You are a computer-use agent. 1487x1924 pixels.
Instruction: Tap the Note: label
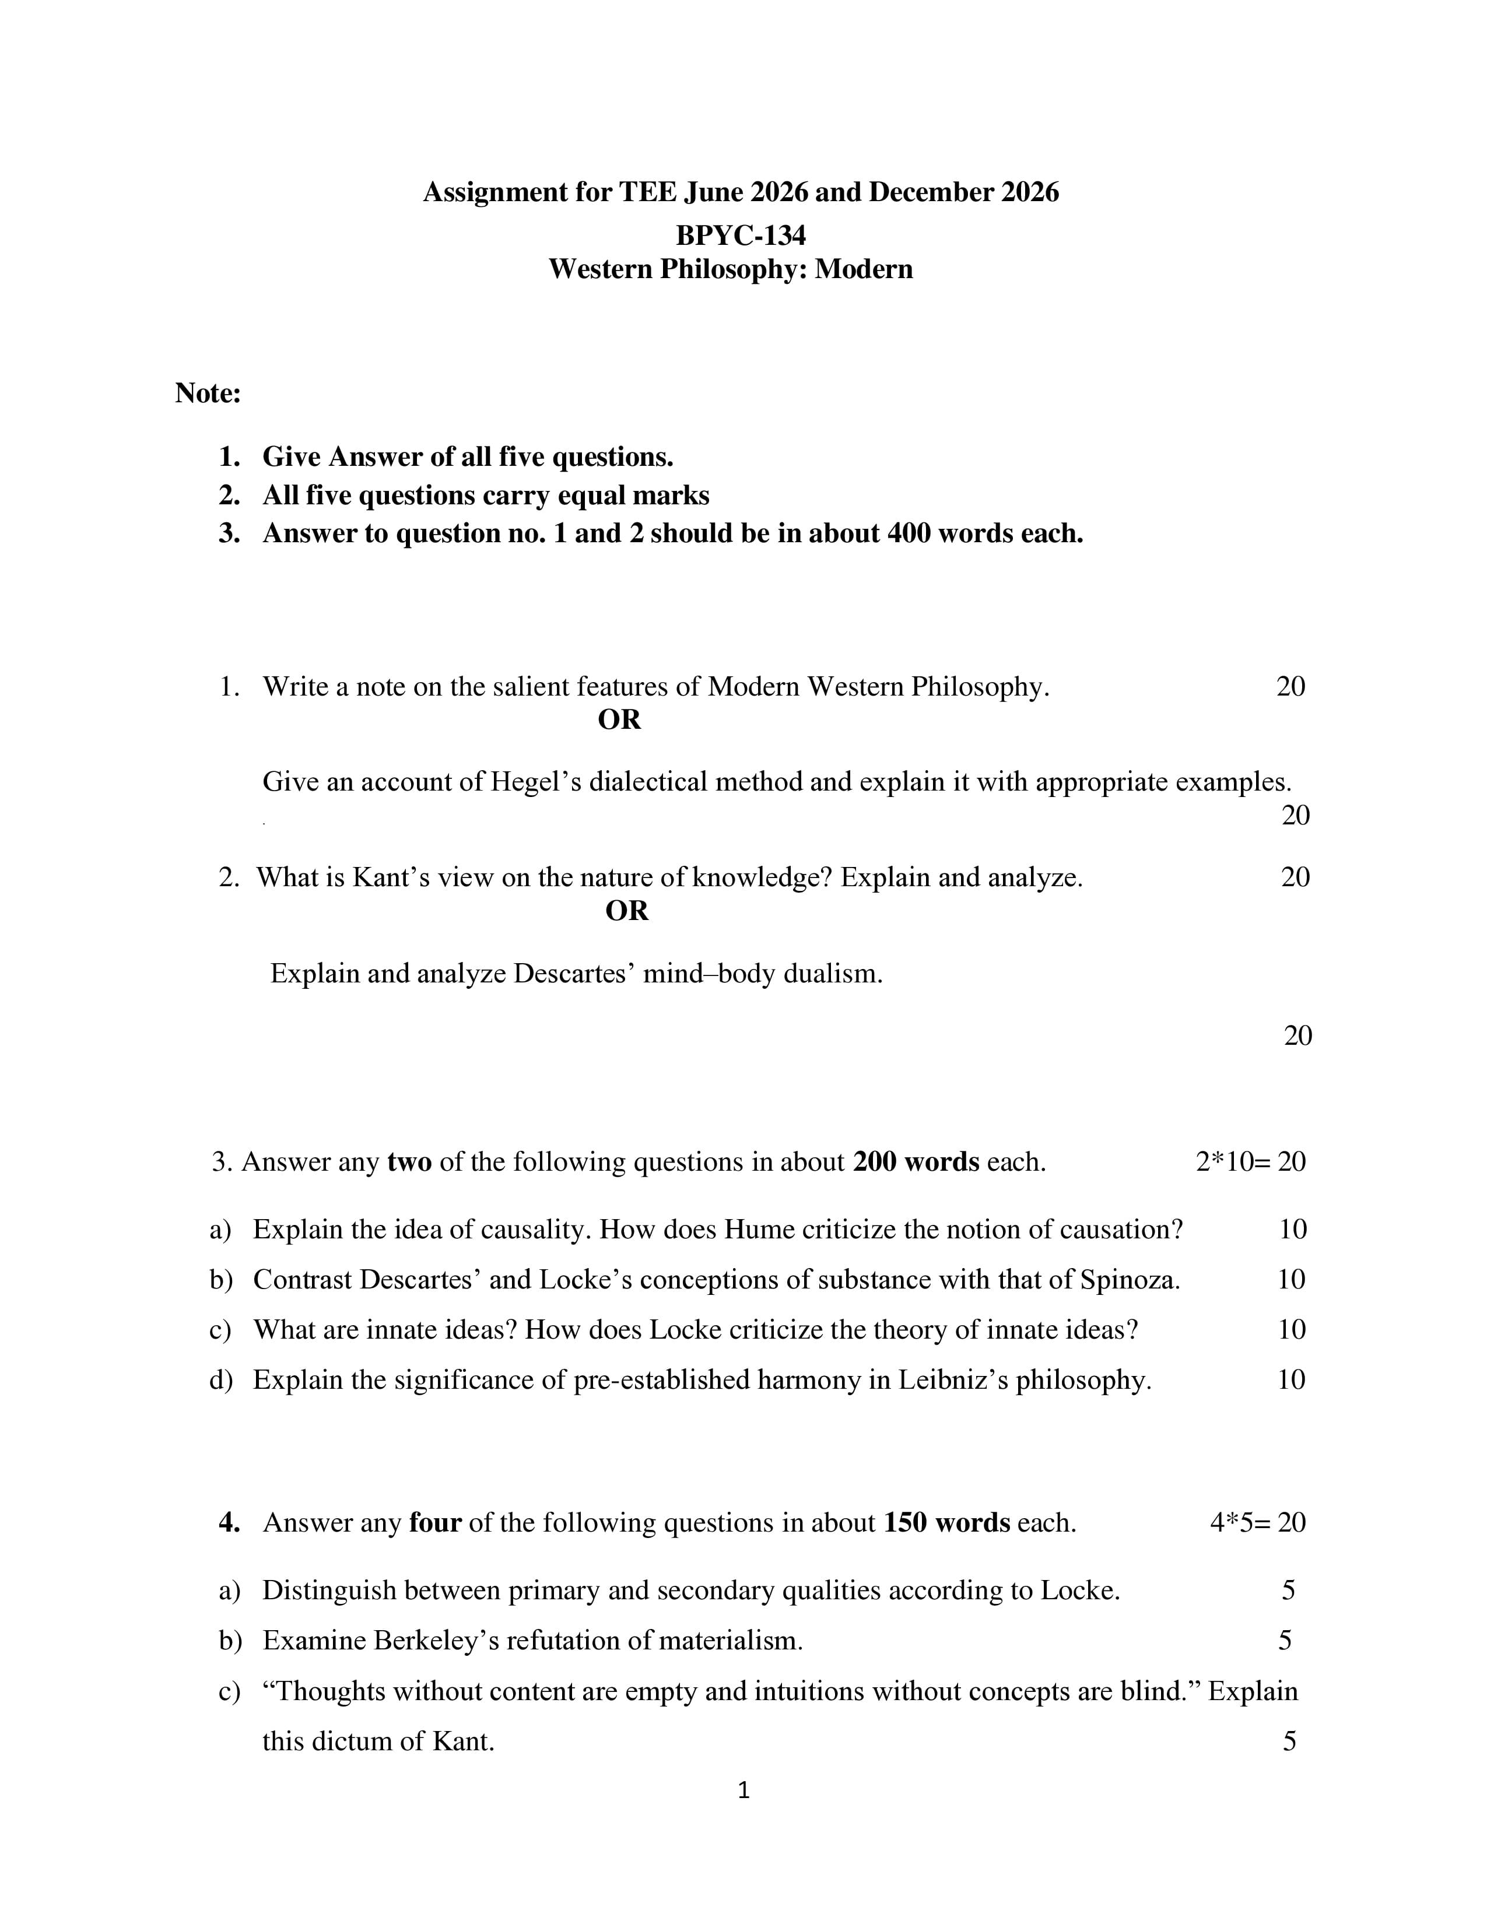208,393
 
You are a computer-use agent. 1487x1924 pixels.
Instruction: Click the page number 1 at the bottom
743,1790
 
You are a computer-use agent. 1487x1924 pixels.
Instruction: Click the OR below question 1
619,719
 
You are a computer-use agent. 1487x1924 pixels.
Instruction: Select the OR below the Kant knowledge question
626,910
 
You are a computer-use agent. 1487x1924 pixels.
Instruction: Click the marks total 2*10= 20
1250,1162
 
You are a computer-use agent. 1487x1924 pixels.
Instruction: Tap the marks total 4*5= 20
1257,1522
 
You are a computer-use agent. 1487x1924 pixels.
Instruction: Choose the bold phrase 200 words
916,1162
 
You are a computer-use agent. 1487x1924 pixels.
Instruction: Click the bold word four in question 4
435,1522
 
